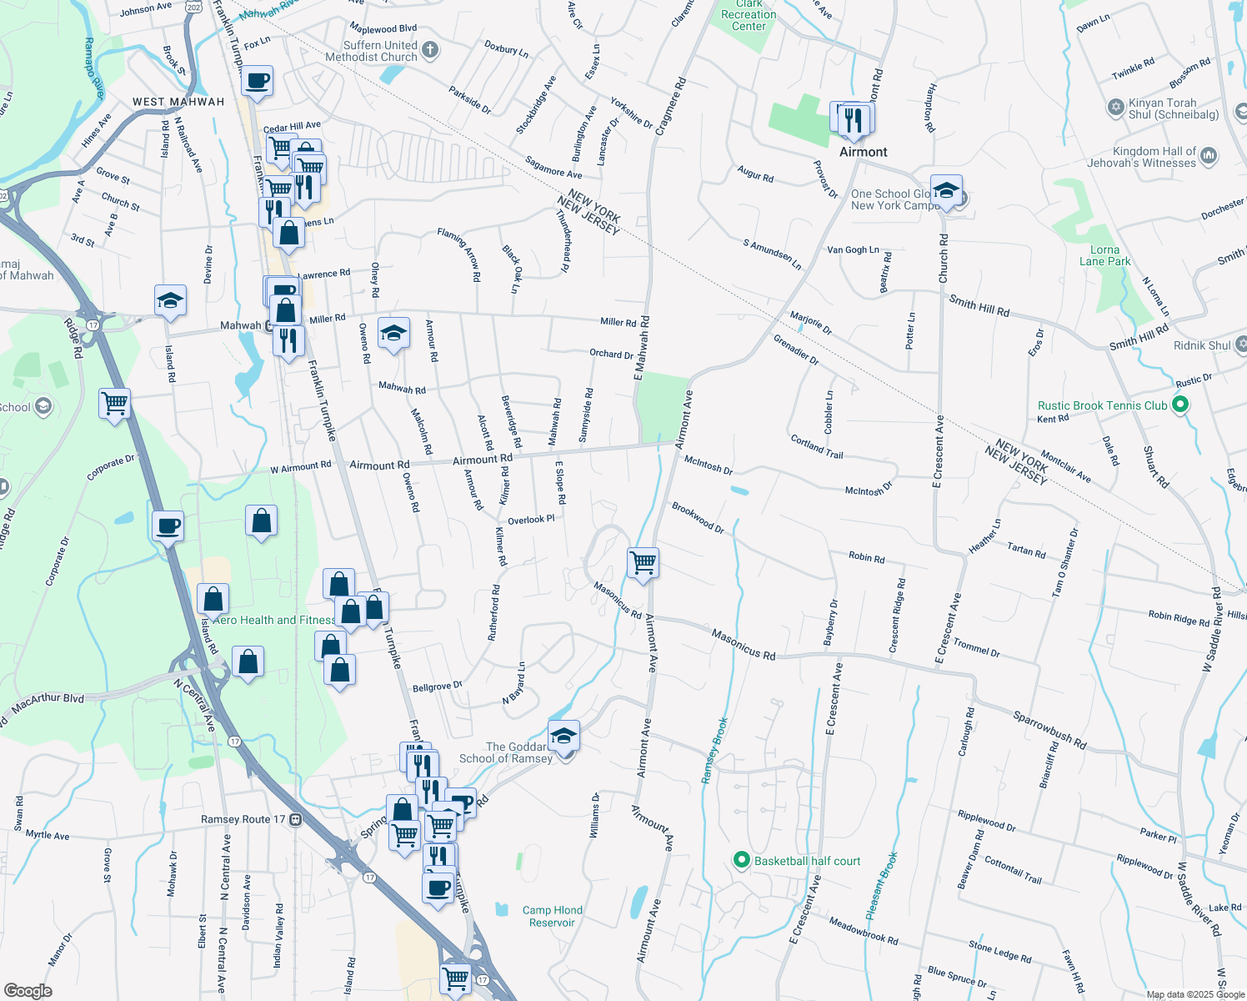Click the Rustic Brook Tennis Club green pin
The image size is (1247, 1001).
point(1179,405)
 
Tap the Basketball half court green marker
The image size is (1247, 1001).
point(740,860)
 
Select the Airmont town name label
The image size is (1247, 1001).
point(863,152)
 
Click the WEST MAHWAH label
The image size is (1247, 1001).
point(178,102)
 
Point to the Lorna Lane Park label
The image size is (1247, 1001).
point(1104,255)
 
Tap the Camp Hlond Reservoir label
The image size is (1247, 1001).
point(552,916)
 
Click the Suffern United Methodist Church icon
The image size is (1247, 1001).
point(430,51)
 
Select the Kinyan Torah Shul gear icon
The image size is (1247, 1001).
point(1115,108)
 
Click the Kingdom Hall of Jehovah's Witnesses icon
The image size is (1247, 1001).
point(1209,155)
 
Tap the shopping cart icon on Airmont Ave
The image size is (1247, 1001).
point(644,561)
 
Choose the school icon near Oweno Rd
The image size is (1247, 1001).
point(393,334)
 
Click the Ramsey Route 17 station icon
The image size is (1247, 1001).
point(295,819)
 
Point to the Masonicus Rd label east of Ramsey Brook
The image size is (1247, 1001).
point(743,645)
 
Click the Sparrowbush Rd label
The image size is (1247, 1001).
point(1049,729)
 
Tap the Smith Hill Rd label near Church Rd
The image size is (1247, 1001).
point(979,306)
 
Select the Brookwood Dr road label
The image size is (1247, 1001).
point(698,517)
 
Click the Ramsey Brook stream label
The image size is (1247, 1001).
point(714,750)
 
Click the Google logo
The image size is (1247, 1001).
point(28,990)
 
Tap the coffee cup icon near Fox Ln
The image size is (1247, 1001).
point(258,81)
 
